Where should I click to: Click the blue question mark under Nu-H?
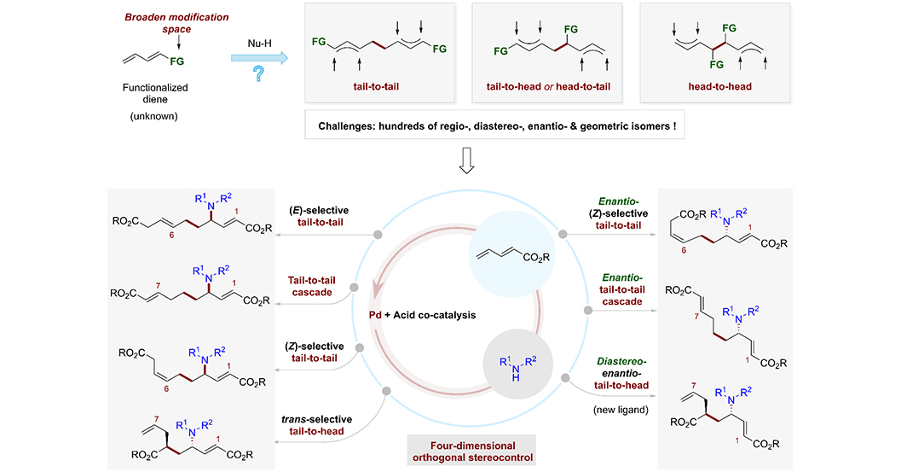[259, 73]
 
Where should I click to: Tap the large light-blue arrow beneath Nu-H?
[259, 57]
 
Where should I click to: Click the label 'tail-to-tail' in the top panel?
[376, 86]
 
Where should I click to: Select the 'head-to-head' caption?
[719, 86]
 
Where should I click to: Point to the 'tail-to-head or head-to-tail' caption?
[548, 86]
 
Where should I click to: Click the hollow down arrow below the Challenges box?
[466, 160]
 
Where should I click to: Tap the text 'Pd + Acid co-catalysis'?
[422, 315]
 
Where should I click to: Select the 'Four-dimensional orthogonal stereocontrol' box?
[472, 452]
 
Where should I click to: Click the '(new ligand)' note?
[621, 410]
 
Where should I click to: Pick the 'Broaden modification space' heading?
[176, 23]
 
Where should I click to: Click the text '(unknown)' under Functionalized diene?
[154, 116]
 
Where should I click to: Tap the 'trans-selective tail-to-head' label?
[316, 425]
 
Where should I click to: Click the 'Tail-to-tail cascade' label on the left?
[311, 286]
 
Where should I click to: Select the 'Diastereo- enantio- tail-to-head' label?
[621, 373]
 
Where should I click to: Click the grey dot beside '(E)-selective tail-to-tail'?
[378, 234]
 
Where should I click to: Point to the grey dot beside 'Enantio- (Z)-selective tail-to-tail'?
[563, 234]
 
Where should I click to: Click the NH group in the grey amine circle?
[516, 369]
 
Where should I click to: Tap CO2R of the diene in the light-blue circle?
[535, 258]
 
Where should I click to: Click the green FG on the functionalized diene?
[177, 61]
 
